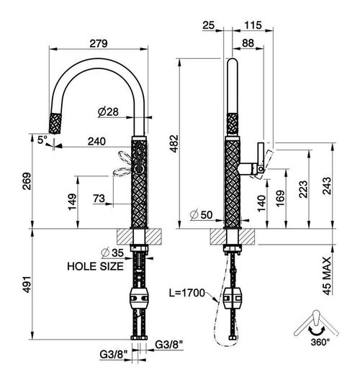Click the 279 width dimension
(x=99, y=44)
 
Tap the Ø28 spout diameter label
(x=108, y=112)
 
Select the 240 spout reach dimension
(x=96, y=141)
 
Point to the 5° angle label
(x=42, y=140)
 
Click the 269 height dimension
(x=27, y=181)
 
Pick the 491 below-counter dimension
(x=27, y=284)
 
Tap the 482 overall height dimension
(x=174, y=144)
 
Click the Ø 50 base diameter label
(x=201, y=215)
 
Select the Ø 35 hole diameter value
(x=112, y=253)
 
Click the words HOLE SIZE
(x=95, y=266)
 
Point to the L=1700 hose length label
(x=186, y=293)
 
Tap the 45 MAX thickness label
(x=327, y=276)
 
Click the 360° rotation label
(x=320, y=342)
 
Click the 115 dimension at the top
(x=253, y=25)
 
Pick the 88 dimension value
(x=248, y=43)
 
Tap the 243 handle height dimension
(x=327, y=186)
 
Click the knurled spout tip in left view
(x=55, y=123)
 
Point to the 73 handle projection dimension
(x=99, y=199)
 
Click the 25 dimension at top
(x=208, y=25)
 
